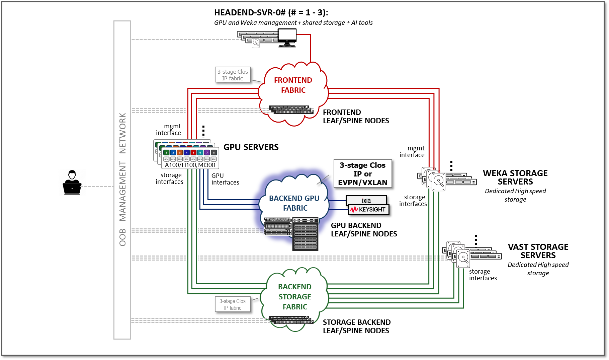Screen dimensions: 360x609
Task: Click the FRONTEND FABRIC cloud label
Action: pos(293,85)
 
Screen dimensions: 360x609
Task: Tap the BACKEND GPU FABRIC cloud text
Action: pos(294,203)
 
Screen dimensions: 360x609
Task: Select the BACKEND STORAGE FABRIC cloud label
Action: pos(295,297)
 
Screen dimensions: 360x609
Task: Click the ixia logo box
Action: pos(366,200)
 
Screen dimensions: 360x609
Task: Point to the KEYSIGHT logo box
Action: pos(369,210)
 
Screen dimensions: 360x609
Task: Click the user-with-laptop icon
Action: pos(72,183)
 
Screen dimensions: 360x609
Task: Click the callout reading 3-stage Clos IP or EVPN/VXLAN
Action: pos(363,174)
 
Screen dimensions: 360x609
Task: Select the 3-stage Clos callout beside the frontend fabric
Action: pos(233,75)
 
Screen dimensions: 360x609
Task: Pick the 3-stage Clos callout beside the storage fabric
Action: pos(233,304)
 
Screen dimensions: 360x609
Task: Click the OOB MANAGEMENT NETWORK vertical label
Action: pos(122,179)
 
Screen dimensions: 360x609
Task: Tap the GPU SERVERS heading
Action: pos(251,147)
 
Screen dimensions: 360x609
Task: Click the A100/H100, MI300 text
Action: pos(190,165)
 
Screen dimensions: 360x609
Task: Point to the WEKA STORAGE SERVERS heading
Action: pos(515,177)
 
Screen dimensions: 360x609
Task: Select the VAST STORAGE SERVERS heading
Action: pos(538,251)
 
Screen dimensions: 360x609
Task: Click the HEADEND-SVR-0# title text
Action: pos(271,13)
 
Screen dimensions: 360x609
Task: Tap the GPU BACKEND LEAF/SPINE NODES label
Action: pos(364,230)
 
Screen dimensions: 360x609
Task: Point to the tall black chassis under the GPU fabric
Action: pos(305,234)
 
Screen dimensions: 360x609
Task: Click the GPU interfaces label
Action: pos(225,179)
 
